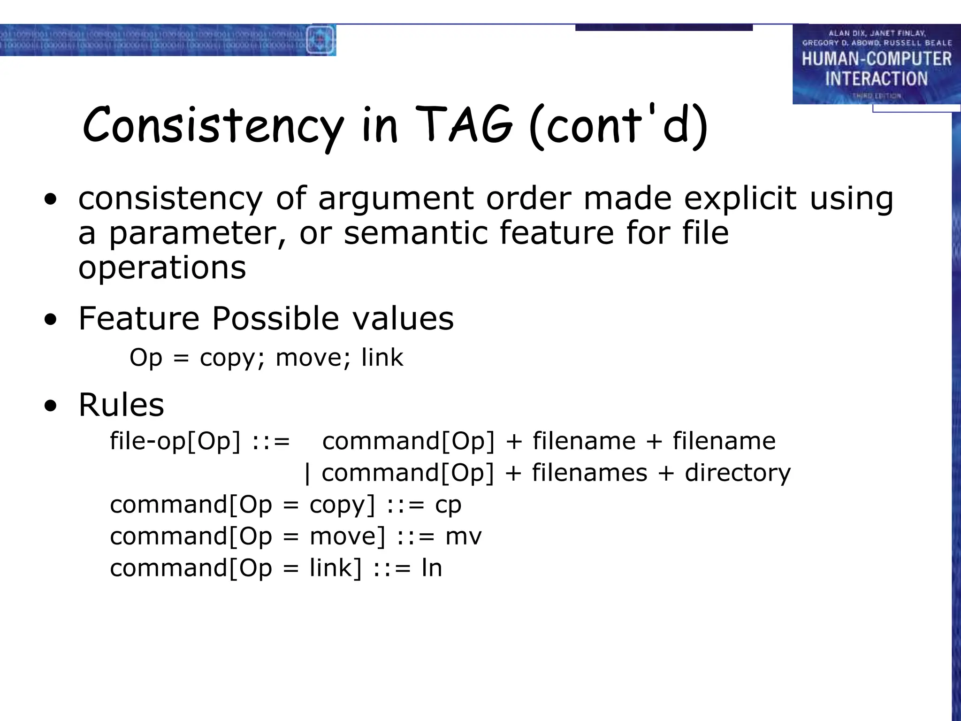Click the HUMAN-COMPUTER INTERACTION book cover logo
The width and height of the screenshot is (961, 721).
tap(876, 64)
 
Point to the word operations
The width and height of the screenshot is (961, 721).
tap(162, 268)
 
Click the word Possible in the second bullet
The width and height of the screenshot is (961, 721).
tap(275, 319)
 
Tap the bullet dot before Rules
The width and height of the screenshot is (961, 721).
tap(50, 406)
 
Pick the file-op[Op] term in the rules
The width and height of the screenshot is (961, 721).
tap(175, 442)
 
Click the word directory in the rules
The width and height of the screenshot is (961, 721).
tap(738, 473)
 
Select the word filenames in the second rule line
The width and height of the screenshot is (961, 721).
tap(589, 473)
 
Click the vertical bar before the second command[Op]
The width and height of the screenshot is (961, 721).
tap(307, 474)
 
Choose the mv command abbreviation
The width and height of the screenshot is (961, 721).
tap(463, 537)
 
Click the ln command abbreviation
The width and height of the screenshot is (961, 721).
tap(432, 568)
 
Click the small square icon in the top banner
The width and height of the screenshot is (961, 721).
tap(320, 40)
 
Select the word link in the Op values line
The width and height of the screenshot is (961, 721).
tap(382, 358)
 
